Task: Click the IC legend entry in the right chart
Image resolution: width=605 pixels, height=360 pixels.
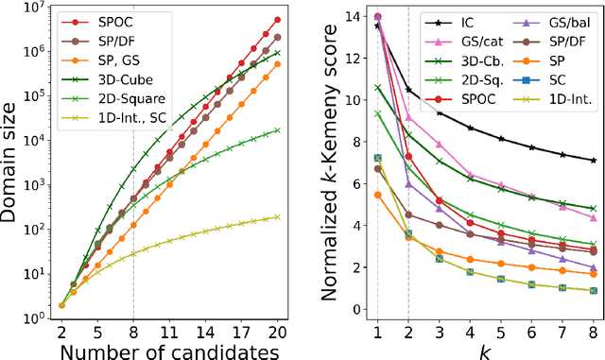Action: point(449,20)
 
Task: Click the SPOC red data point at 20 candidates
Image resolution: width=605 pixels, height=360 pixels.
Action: point(276,19)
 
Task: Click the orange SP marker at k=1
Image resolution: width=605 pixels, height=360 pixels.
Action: point(378,195)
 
